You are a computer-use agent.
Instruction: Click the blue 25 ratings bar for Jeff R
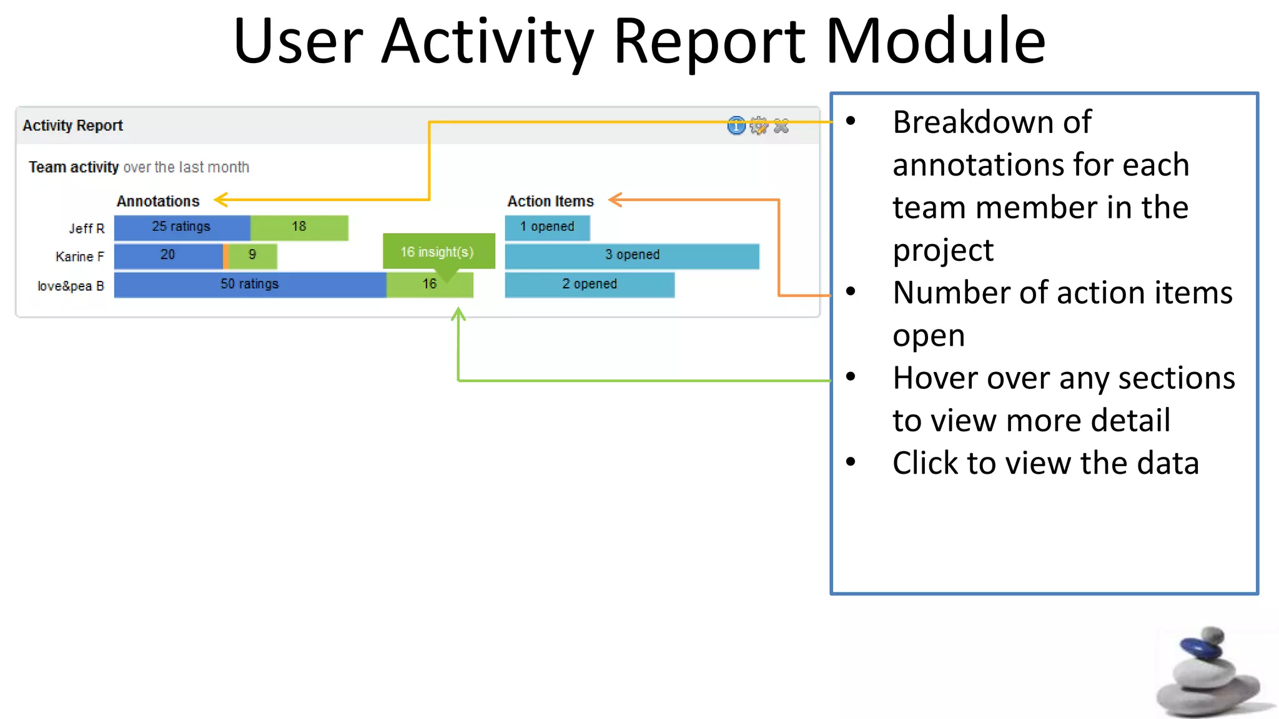tap(182, 227)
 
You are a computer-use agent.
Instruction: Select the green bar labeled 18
tap(299, 227)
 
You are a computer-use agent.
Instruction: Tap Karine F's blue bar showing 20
tap(168, 255)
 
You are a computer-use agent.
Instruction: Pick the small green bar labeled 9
tap(253, 255)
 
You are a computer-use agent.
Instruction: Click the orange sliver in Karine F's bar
tap(225, 256)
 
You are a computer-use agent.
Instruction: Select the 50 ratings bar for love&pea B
tap(250, 285)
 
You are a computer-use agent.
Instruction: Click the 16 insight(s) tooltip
tap(438, 252)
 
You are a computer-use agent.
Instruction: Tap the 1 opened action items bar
tap(547, 227)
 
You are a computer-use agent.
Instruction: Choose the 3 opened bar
tap(632, 255)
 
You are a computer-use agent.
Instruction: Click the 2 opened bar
tap(590, 285)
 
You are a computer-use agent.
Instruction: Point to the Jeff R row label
tap(87, 228)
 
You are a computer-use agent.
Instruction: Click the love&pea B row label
tap(71, 286)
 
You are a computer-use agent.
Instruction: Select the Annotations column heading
tap(158, 201)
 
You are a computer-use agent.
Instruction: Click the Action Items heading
tap(550, 201)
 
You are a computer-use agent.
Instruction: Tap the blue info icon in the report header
tap(736, 126)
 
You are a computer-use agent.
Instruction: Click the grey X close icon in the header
tap(781, 126)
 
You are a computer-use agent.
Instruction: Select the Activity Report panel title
tap(72, 125)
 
